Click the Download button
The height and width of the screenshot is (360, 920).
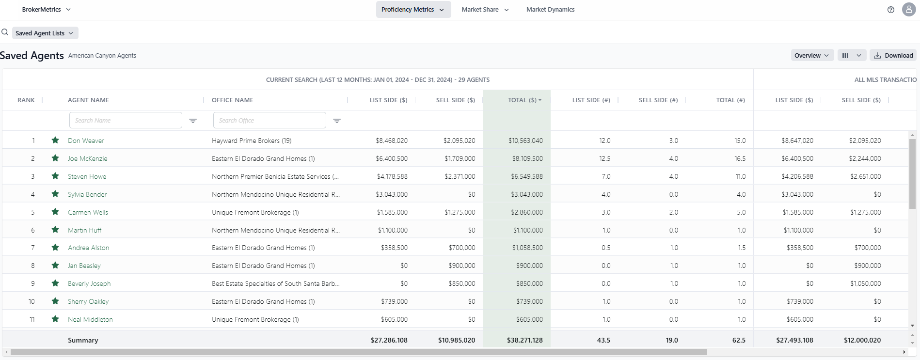[x=893, y=55]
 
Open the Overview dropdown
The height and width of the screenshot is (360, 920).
[x=811, y=55]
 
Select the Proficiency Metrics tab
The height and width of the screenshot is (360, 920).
[x=412, y=9]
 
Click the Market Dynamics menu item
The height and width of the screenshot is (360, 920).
[x=550, y=9]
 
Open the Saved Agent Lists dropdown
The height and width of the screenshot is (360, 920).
[x=45, y=33]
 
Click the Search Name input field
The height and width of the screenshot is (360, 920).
[x=125, y=120]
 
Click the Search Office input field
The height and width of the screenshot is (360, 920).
[x=269, y=120]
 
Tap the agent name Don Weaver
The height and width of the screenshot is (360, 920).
[x=86, y=141]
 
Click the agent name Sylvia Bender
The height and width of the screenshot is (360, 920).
[x=87, y=194]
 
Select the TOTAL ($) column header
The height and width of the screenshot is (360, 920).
[x=522, y=100]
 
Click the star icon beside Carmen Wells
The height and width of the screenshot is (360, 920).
[x=55, y=212]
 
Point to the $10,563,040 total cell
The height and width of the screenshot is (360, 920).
[x=525, y=141]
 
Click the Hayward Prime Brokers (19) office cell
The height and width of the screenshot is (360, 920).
[x=252, y=141]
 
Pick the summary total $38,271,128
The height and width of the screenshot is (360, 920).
[x=524, y=340]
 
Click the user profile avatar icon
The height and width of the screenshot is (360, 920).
[x=908, y=9]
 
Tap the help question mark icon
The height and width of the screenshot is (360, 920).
[x=890, y=9]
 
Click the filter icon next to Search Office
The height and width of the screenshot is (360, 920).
[x=337, y=121]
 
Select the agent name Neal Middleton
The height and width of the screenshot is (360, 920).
[x=90, y=319]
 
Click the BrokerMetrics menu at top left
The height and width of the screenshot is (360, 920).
[x=46, y=9]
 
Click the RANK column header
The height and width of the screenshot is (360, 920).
[x=26, y=100]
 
